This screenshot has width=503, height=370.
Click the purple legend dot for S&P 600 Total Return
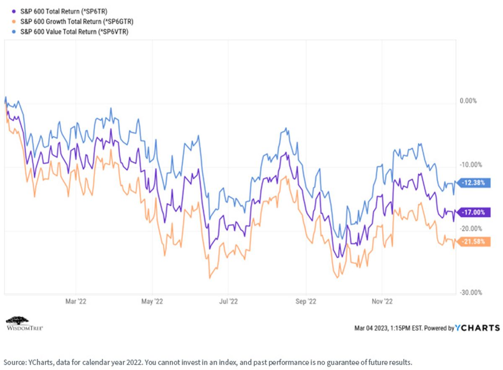pos(14,11)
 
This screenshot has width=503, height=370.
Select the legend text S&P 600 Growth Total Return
pos(77,21)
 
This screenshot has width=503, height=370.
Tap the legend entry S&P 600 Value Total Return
pos(74,32)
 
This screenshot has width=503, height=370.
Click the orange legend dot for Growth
pos(14,21)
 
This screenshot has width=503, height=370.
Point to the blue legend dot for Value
pos(14,32)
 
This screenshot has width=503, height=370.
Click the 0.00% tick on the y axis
pos(468,101)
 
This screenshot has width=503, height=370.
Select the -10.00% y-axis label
pos(471,165)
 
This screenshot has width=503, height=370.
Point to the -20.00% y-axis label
pos(471,228)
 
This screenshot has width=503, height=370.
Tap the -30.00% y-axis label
pos(471,292)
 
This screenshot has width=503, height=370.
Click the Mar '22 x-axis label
pos(76,301)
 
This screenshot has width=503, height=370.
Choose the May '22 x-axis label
pos(152,301)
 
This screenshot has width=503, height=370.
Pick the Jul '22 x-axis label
pos(228,301)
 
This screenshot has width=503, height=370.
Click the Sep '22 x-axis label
pos(306,301)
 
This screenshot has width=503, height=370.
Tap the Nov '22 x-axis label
pos(382,301)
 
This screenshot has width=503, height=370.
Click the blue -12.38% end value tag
pos(474,183)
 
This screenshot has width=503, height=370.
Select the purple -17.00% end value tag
pos(474,212)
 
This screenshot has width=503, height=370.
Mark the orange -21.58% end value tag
pos(474,242)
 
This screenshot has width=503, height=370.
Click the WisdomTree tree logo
pos(18,321)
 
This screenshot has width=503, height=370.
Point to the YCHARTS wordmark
pos(477,328)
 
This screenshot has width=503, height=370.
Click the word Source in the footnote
pos(14,362)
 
